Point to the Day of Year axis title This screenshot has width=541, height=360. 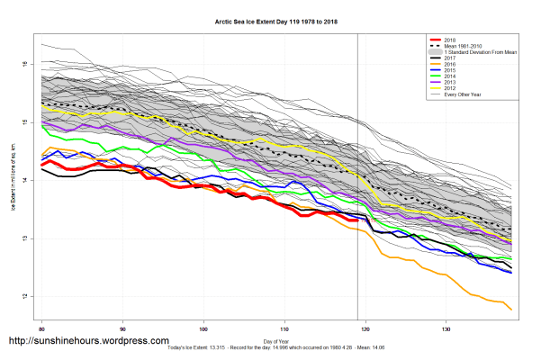276,339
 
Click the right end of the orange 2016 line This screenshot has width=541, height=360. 512,310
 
